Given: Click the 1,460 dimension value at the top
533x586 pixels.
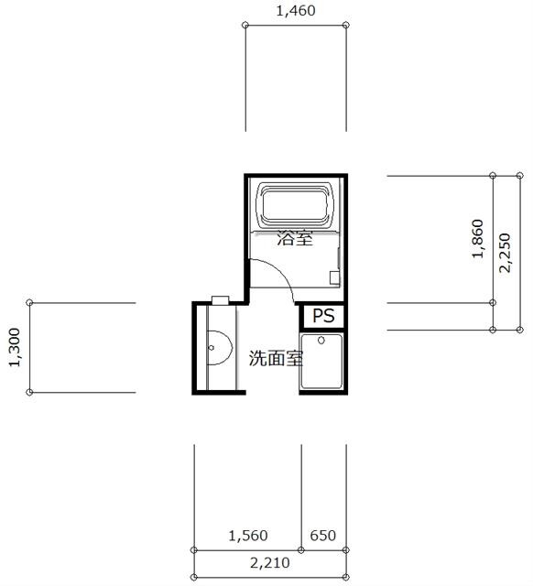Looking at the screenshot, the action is (x=296, y=11).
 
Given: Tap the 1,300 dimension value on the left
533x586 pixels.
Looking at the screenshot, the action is (x=15, y=348).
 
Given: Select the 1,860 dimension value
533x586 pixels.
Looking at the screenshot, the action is (x=478, y=239).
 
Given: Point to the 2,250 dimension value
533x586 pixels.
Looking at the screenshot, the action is (x=505, y=253).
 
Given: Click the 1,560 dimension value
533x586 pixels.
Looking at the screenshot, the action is (x=248, y=536).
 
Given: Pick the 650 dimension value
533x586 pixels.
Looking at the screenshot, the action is (x=323, y=536).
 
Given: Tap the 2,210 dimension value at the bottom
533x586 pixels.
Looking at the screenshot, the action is (x=270, y=563).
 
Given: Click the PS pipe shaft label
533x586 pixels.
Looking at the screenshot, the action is (x=323, y=316).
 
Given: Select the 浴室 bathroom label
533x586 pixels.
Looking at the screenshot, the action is (x=295, y=238).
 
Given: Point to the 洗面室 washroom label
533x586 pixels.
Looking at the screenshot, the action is (x=276, y=358).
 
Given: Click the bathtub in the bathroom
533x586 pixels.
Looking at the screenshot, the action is (x=295, y=205).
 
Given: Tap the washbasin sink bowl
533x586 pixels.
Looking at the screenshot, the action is (x=220, y=348).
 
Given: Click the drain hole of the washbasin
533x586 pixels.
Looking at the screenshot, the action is (x=212, y=348).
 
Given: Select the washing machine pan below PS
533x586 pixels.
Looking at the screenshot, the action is (x=321, y=362).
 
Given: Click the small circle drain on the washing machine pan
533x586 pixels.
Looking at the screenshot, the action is (x=321, y=341).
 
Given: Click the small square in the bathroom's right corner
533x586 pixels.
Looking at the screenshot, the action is (x=334, y=277).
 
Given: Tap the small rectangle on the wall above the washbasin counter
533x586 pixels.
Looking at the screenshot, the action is (x=220, y=299).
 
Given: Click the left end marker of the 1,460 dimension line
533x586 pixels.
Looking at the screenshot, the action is (x=245, y=25).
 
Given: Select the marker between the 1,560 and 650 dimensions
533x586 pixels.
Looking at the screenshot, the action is (x=301, y=549).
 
